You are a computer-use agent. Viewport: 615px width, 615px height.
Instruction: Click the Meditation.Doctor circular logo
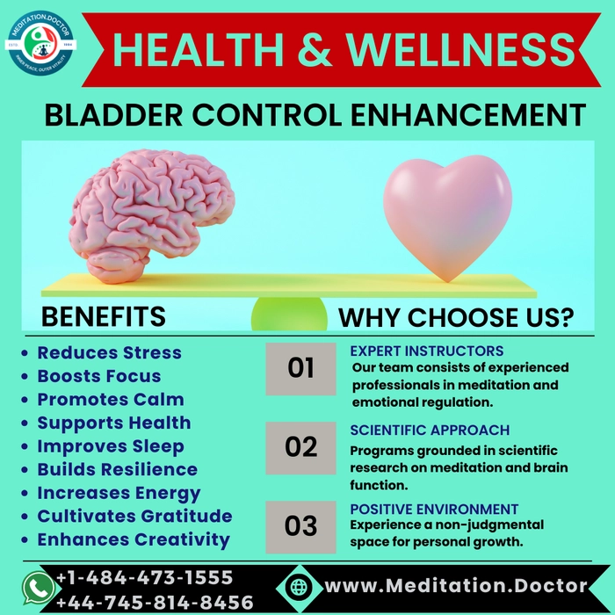click(x=40, y=43)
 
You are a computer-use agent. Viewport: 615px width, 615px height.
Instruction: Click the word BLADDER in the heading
click(x=113, y=115)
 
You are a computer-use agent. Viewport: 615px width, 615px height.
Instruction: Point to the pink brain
click(x=152, y=215)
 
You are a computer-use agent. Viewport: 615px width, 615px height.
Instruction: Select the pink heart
click(x=447, y=217)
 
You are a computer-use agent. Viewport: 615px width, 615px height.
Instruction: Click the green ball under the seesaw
click(x=289, y=314)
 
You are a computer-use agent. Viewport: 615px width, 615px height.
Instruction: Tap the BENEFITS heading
click(x=104, y=316)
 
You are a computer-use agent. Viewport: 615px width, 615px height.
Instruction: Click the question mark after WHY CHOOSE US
click(x=565, y=317)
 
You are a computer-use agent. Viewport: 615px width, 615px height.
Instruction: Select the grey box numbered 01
click(x=300, y=369)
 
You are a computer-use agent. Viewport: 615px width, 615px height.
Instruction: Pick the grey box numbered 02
click(x=300, y=448)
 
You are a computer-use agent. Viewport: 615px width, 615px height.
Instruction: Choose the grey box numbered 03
click(x=300, y=527)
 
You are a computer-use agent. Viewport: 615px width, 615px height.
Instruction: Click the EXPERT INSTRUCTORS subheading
click(x=427, y=351)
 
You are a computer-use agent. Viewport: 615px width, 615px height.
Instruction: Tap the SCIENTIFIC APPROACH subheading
click(x=430, y=430)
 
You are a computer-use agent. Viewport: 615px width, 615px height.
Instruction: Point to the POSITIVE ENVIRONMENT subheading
click(x=434, y=509)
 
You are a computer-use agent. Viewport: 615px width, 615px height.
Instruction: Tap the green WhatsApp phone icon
click(x=38, y=588)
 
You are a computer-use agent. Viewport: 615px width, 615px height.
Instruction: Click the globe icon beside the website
click(x=300, y=587)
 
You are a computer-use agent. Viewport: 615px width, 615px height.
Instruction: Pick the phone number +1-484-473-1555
click(x=145, y=578)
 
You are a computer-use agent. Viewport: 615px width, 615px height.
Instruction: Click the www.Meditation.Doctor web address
click(x=456, y=586)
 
